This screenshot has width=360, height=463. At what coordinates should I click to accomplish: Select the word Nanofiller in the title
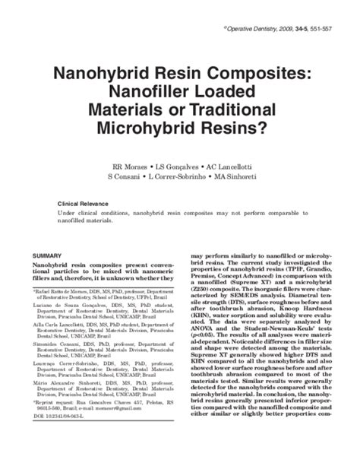click(x=158, y=94)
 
